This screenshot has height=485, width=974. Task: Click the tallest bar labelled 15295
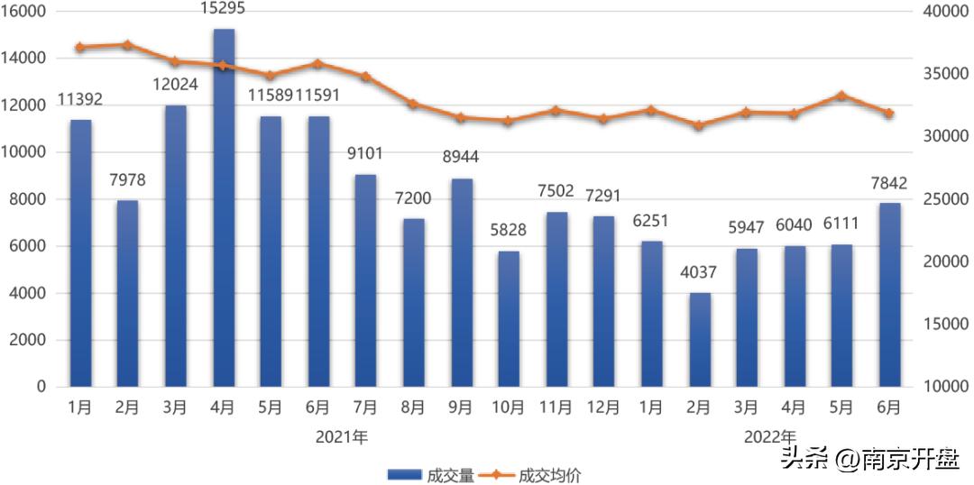click(224, 207)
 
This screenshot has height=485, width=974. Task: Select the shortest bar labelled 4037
click(700, 339)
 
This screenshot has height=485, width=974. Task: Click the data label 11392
click(79, 100)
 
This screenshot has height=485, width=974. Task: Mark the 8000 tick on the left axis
click(31, 199)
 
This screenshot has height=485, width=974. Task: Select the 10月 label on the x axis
click(509, 407)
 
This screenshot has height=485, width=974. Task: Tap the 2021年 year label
click(342, 437)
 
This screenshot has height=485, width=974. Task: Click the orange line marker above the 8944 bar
click(461, 117)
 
